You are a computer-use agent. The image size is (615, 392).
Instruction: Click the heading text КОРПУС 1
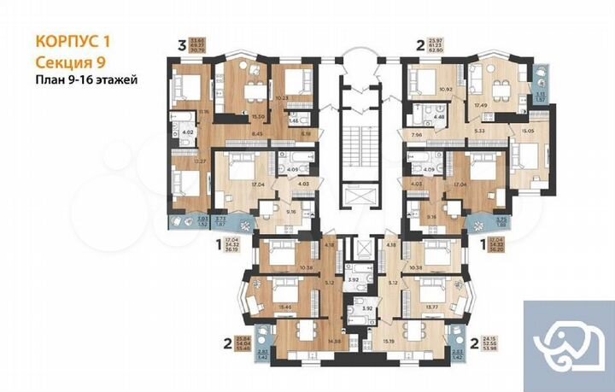click(74, 40)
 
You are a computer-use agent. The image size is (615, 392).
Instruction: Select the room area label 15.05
click(529, 132)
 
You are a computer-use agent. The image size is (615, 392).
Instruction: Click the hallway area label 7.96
click(416, 134)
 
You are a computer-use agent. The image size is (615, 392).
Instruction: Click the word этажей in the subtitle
click(116, 79)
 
